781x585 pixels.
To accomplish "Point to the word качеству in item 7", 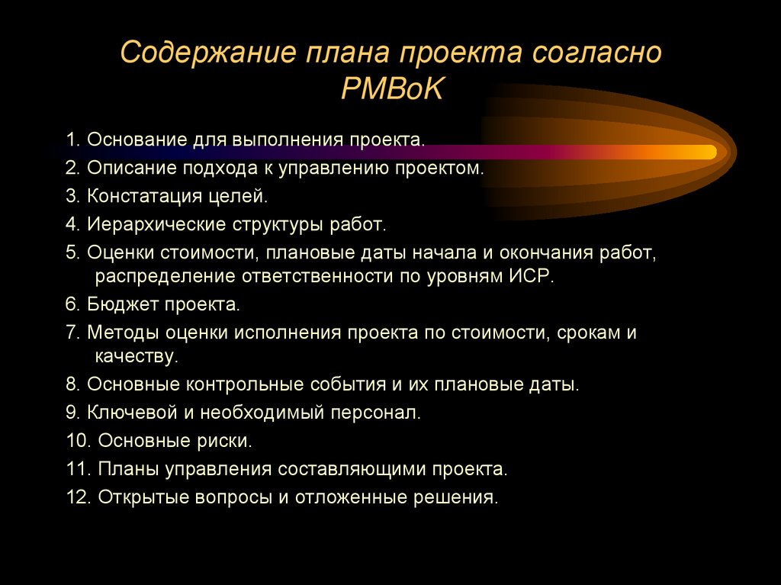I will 137,355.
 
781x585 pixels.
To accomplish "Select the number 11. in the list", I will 79,468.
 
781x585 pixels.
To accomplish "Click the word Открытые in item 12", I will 146,497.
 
